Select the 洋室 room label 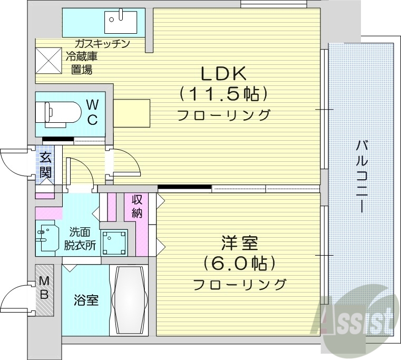239,244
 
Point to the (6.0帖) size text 239,264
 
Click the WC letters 92,112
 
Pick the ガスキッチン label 102,44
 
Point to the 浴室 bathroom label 85,301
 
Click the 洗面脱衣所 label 80,238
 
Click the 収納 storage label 137,206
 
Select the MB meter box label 44,289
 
